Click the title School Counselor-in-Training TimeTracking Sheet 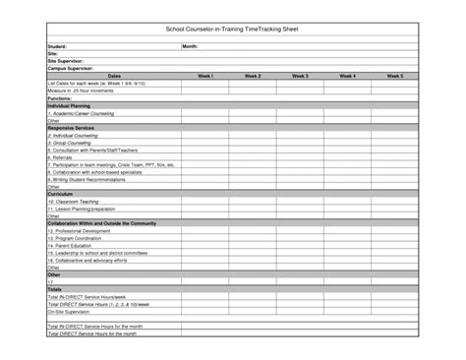(232, 31)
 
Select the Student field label (58, 46)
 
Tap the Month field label (191, 46)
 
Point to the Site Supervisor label (66, 61)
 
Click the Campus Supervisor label (70, 69)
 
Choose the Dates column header (114, 76)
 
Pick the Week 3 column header (300, 76)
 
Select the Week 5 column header (395, 76)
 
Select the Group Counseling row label (70, 143)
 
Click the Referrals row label (61, 157)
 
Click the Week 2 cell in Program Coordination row (253, 238)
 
